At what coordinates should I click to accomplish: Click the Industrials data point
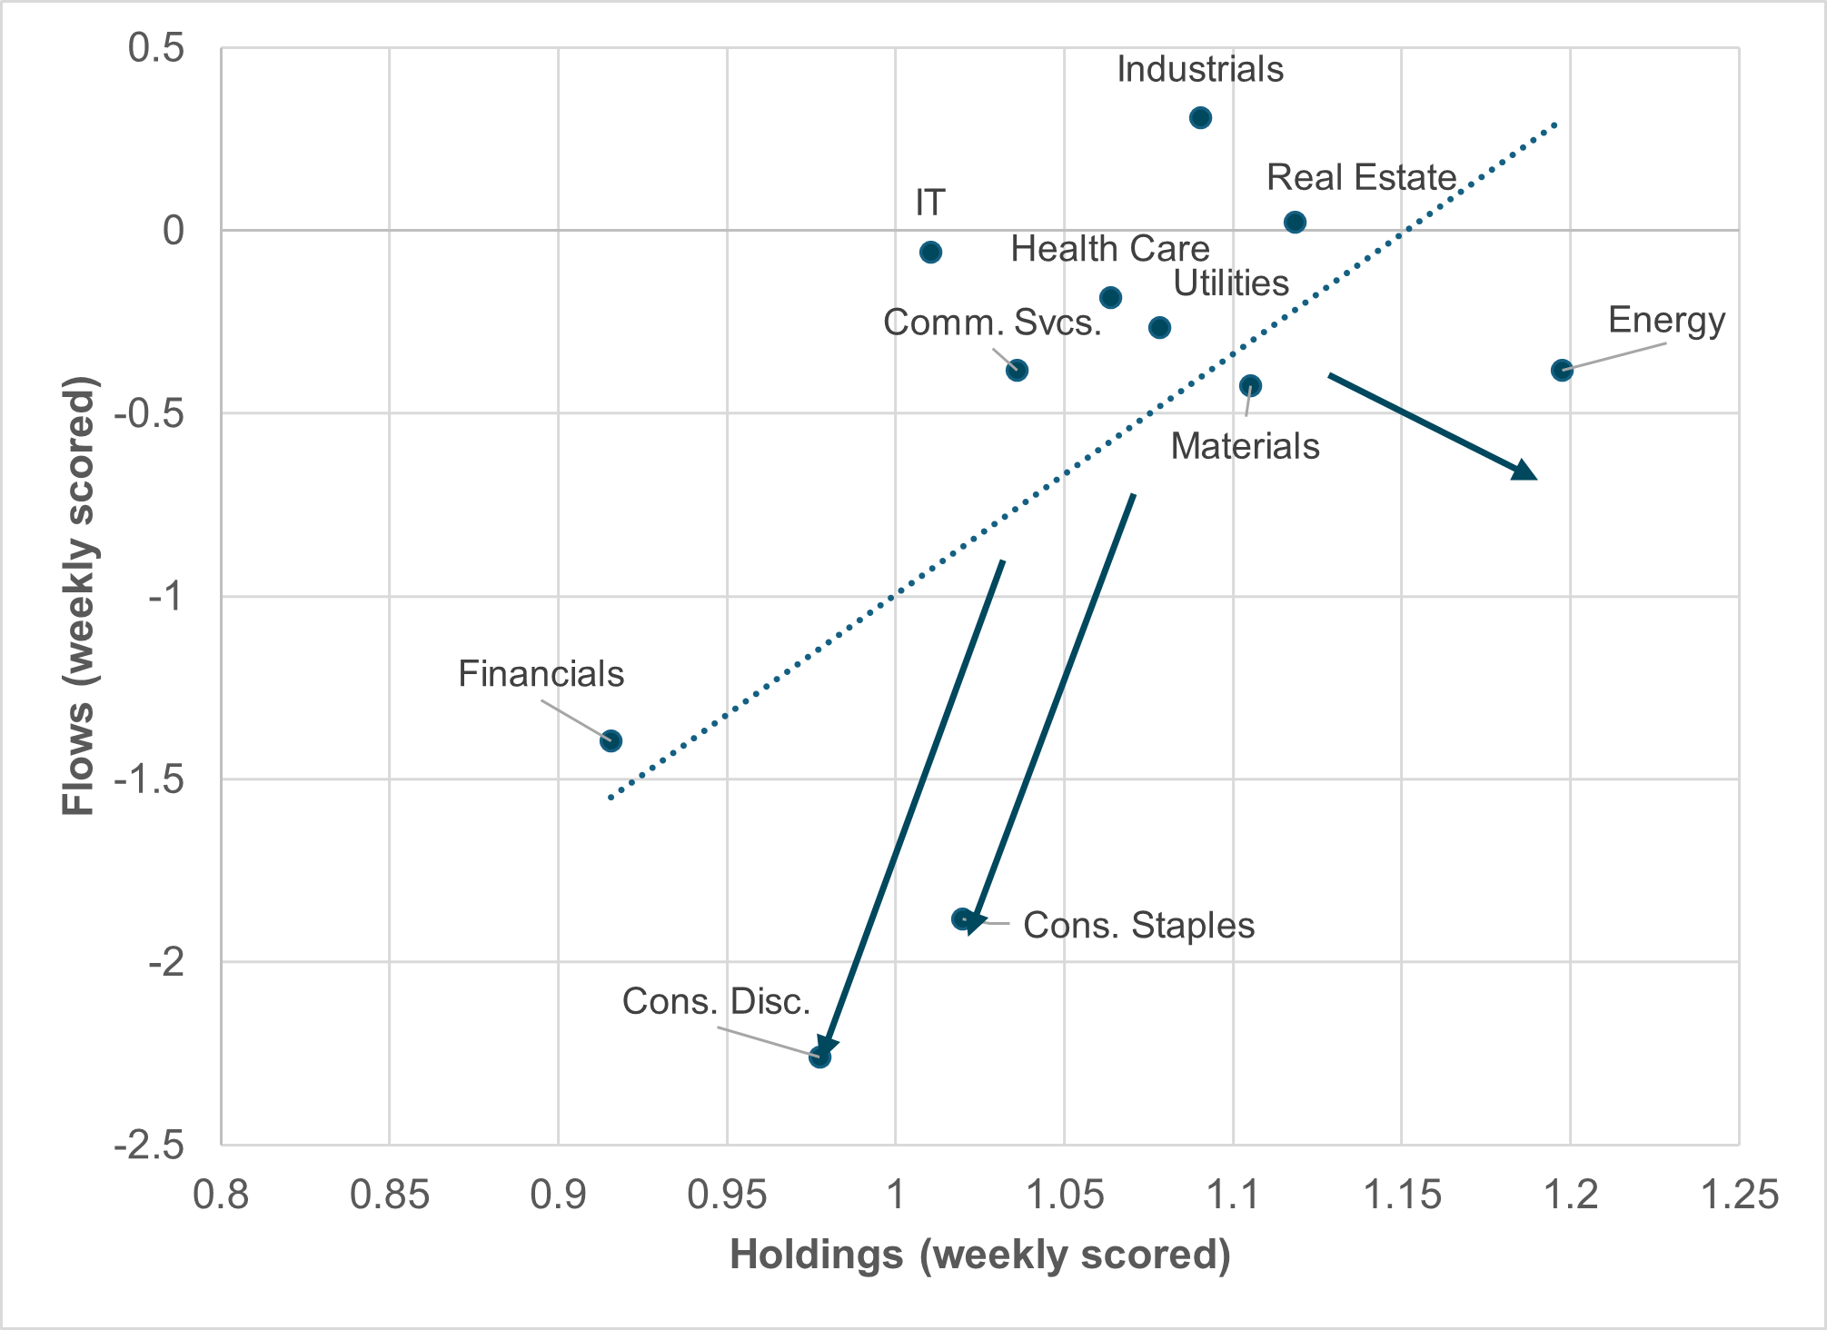pyautogui.click(x=1200, y=117)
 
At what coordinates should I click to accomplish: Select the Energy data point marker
pyautogui.click(x=1562, y=370)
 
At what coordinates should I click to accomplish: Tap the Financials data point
pyautogui.click(x=611, y=740)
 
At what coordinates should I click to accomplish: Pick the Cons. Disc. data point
pyautogui.click(x=819, y=1057)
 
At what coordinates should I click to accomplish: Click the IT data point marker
pyautogui.click(x=930, y=252)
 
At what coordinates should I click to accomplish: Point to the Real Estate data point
pyautogui.click(x=1296, y=222)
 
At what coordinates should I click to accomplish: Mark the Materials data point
pyautogui.click(x=1250, y=385)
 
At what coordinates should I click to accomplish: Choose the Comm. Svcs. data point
pyautogui.click(x=1018, y=370)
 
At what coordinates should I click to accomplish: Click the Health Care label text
pyautogui.click(x=1109, y=249)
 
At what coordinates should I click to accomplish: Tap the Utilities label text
pyautogui.click(x=1231, y=283)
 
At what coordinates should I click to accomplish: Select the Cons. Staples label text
pyautogui.click(x=1138, y=926)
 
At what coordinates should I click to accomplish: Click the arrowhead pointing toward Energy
pyautogui.click(x=1525, y=471)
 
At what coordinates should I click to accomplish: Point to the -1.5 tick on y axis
pyautogui.click(x=149, y=779)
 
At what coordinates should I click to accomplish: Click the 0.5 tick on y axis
pyautogui.click(x=155, y=48)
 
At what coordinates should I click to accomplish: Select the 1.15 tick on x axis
pyautogui.click(x=1402, y=1195)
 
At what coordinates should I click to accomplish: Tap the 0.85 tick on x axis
pyautogui.click(x=389, y=1195)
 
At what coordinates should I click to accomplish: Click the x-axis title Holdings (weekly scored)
pyautogui.click(x=980, y=1255)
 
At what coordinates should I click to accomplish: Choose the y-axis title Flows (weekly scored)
pyautogui.click(x=79, y=596)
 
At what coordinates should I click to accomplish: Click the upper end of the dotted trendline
pyautogui.click(x=1556, y=123)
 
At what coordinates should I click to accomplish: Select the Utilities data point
pyautogui.click(x=1159, y=327)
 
